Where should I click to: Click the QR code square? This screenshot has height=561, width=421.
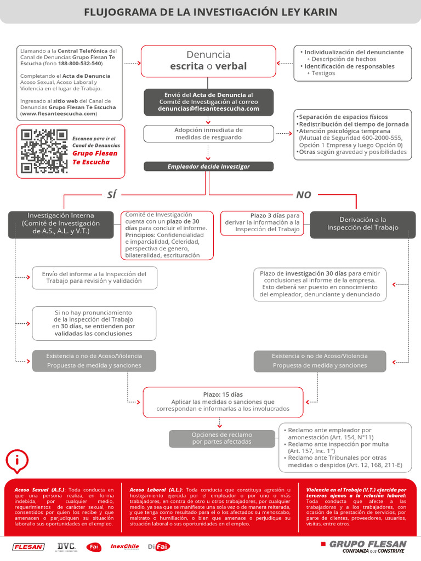(44, 151)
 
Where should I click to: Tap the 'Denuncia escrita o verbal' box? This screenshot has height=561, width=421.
(208, 61)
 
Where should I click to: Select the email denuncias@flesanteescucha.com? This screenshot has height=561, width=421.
(208, 109)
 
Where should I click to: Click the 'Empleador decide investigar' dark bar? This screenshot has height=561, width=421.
(208, 167)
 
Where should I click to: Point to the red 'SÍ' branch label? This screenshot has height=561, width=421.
(111, 194)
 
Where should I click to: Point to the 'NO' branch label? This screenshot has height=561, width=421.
(304, 194)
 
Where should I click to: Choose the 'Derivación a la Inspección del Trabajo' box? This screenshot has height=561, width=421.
(362, 224)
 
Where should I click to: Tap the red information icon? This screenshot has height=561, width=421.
(18, 461)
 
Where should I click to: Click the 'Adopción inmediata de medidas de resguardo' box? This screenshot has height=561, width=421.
(208, 134)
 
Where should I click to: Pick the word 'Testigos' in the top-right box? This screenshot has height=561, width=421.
(323, 73)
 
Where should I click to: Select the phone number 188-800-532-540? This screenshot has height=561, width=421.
(83, 64)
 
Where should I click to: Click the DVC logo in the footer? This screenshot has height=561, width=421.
(66, 546)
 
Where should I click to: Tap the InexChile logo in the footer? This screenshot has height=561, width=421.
(124, 546)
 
